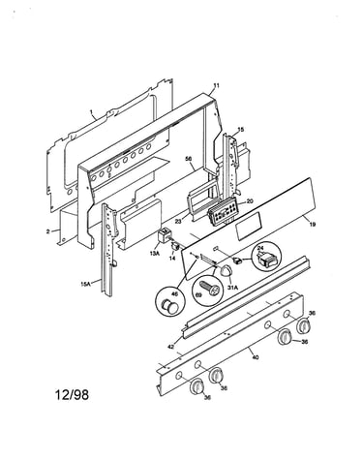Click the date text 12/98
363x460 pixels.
pyautogui.click(x=73, y=394)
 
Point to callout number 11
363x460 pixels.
pyautogui.click(x=216, y=85)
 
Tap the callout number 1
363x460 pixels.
pyautogui.click(x=91, y=112)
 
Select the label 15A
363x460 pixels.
pyautogui.click(x=85, y=284)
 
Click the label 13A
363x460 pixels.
pyautogui.click(x=155, y=253)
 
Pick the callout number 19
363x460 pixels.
pyautogui.click(x=313, y=225)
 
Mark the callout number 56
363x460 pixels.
pyautogui.click(x=189, y=159)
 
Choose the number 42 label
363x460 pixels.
pyautogui.click(x=171, y=347)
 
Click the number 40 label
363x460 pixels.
pyautogui.click(x=255, y=357)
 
